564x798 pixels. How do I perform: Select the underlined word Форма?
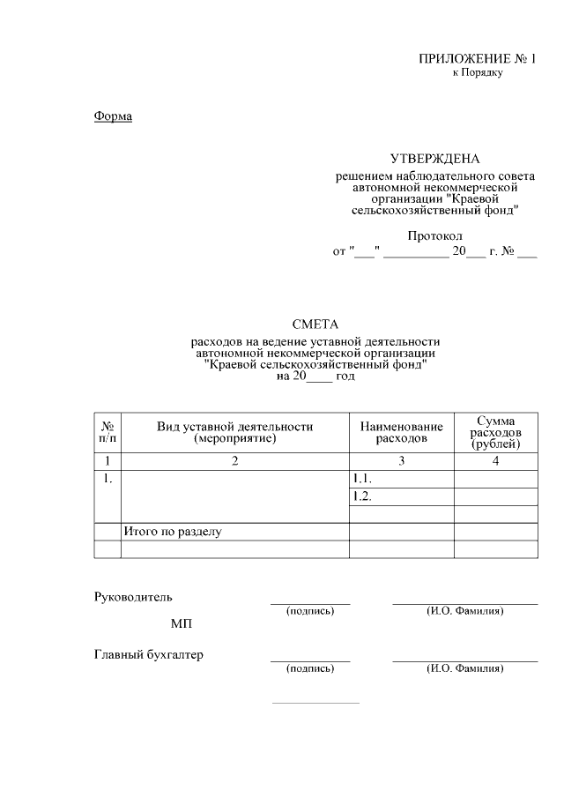[113, 116]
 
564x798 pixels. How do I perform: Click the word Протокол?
[434, 236]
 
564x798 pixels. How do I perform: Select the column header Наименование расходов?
[401, 432]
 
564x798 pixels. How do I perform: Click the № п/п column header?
[107, 432]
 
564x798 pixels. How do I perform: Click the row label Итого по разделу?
[172, 532]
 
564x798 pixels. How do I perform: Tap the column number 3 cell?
[401, 460]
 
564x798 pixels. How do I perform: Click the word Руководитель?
[133, 597]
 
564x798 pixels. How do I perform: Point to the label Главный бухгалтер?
[148, 654]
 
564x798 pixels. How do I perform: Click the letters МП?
[182, 624]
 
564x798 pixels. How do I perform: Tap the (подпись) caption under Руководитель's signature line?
[310, 610]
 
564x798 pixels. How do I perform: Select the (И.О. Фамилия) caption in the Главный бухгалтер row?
[464, 668]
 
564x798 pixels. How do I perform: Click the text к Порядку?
[477, 72]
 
